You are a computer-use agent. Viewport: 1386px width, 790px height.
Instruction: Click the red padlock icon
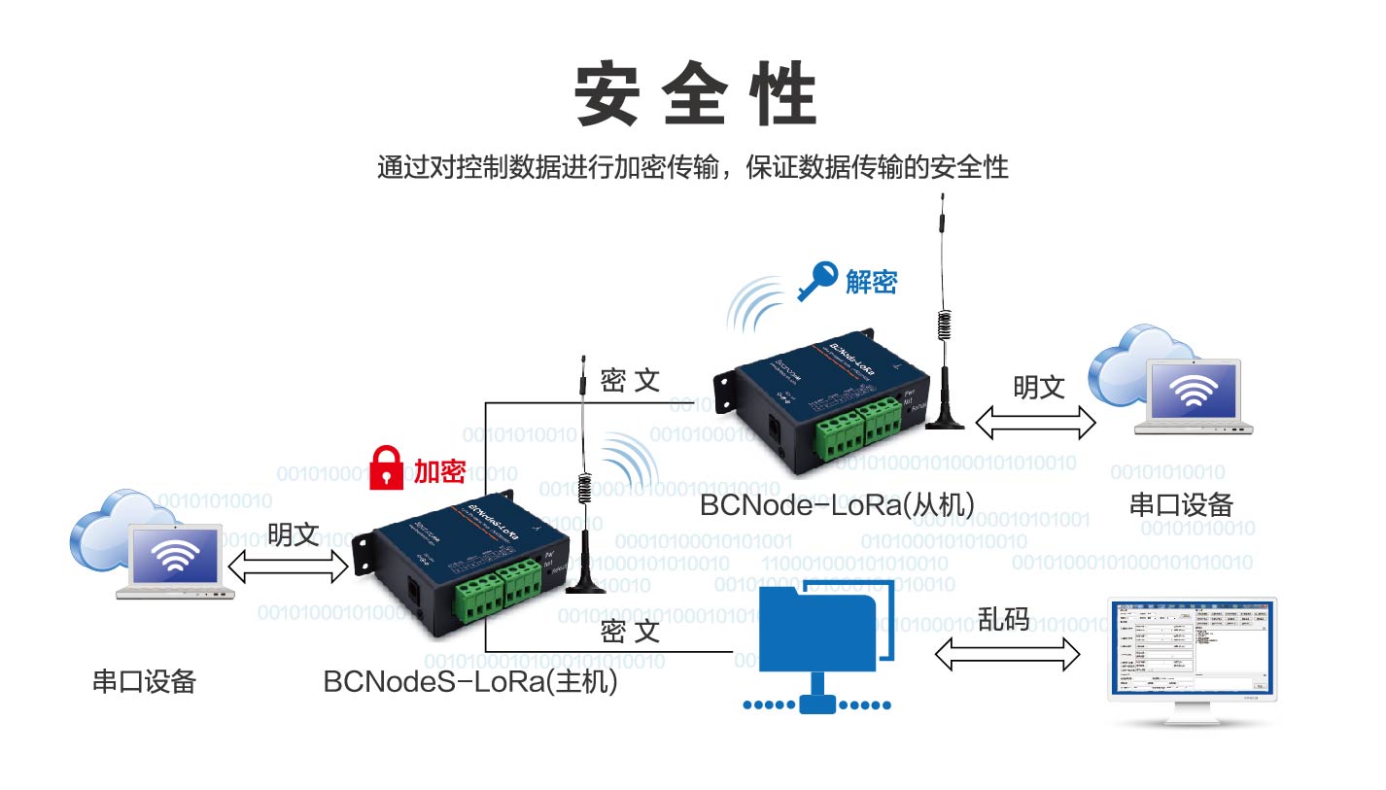[389, 467]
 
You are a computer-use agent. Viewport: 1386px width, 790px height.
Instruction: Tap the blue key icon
[815, 283]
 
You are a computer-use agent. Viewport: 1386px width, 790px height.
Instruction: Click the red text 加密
[439, 471]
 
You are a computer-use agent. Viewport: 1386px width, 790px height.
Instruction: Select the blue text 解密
[871, 282]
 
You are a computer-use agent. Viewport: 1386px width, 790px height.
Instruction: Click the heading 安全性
[694, 93]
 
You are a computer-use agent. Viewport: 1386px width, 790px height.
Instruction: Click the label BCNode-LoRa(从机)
[837, 503]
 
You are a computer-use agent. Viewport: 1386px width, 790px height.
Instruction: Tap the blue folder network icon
[823, 642]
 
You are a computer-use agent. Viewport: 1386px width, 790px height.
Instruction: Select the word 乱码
[1003, 619]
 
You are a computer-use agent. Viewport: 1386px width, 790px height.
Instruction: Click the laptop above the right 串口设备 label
[1193, 398]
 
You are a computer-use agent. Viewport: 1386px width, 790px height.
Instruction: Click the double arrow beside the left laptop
[288, 567]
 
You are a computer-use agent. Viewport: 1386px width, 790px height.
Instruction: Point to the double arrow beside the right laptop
[1035, 420]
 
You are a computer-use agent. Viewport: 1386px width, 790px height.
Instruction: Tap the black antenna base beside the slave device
[944, 419]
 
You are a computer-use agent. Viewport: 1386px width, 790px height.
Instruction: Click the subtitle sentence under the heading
[693, 167]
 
